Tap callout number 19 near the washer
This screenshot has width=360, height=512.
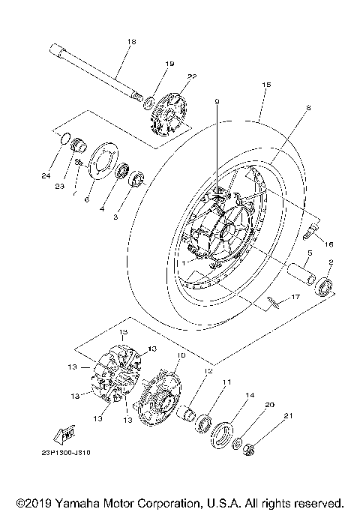168,64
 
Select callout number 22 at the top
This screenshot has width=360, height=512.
192,76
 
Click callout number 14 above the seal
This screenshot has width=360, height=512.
250,395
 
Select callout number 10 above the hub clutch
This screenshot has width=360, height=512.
181,355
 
